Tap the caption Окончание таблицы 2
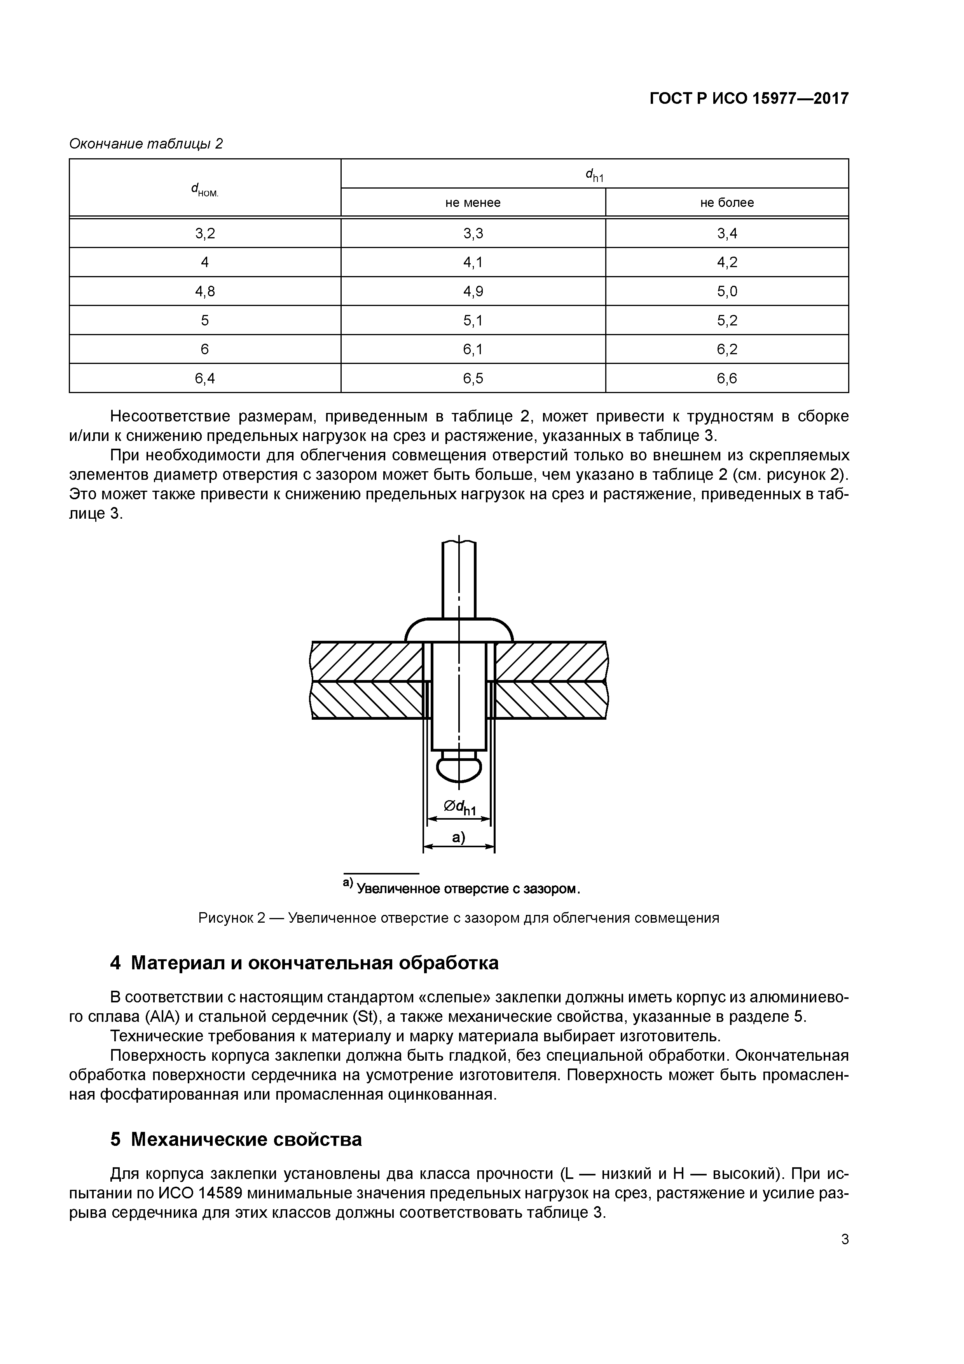pos(145,144)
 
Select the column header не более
pos(727,203)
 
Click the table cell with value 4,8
pos(205,291)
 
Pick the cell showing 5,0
pos(727,291)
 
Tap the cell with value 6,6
pos(727,378)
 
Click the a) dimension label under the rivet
pos(459,837)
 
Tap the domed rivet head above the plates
pos(459,630)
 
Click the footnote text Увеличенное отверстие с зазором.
pos(467,889)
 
